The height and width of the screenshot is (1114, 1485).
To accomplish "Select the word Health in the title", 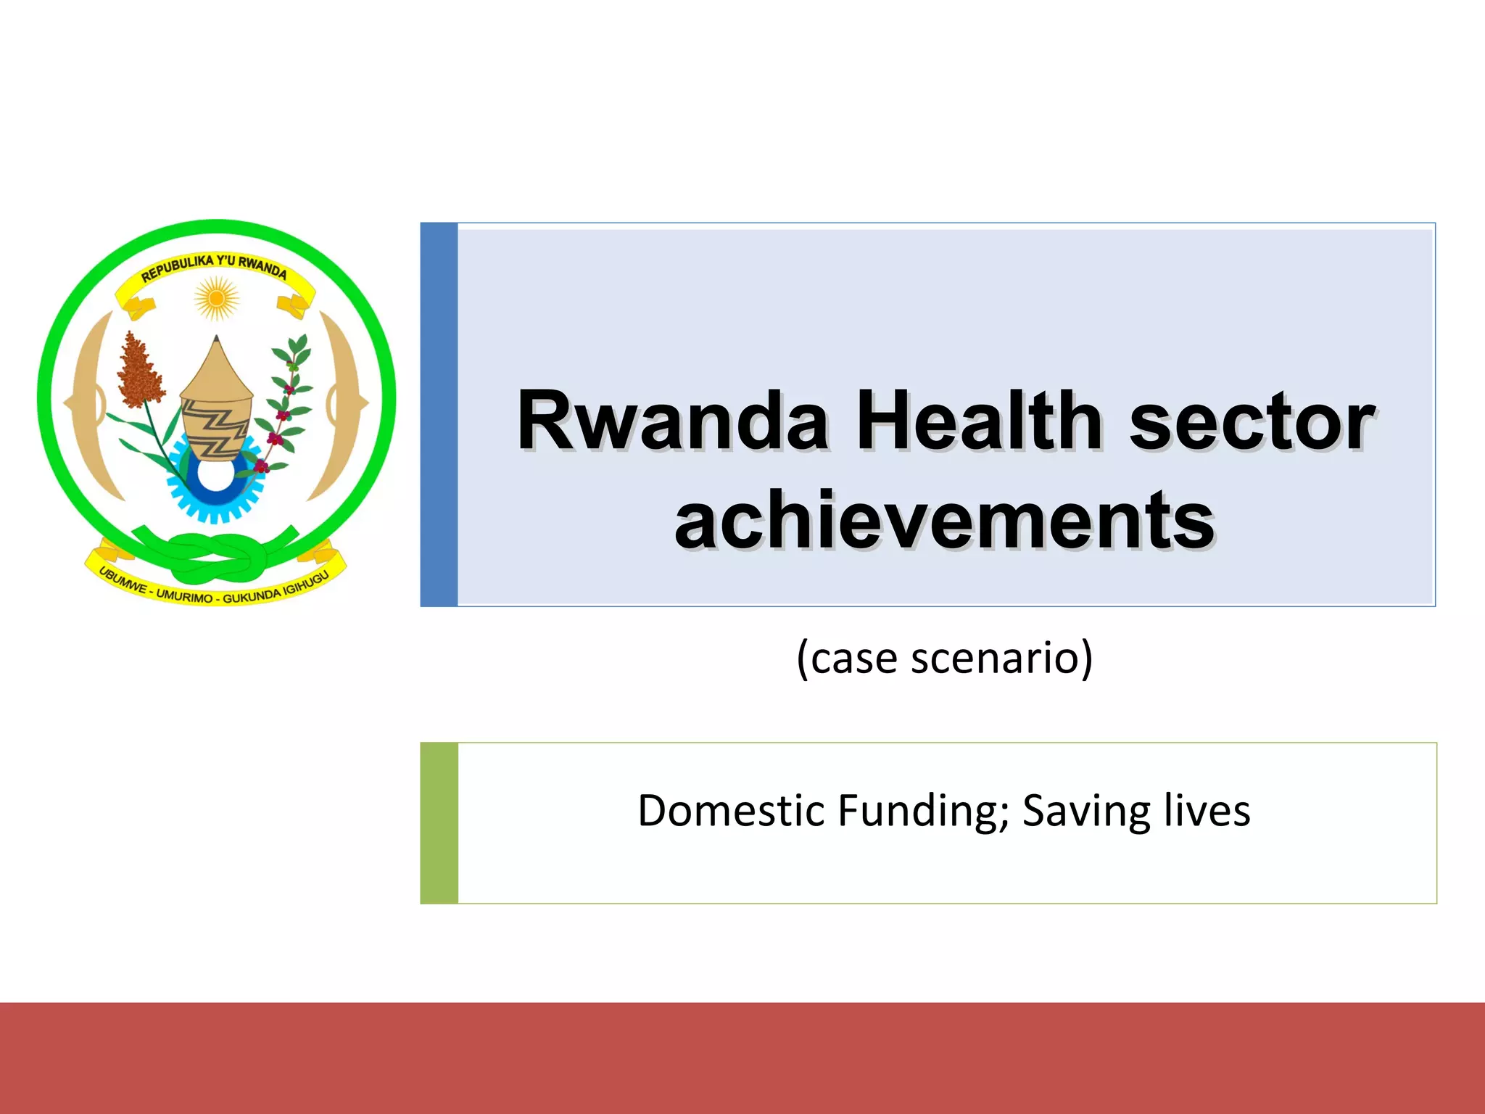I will click(x=979, y=421).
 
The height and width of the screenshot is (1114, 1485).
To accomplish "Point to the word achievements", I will click(x=944, y=520).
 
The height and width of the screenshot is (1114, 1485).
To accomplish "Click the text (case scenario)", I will click(x=944, y=658).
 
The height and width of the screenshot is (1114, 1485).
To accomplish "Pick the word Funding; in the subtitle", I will click(x=922, y=810).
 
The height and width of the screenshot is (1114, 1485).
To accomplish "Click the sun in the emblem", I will click(x=216, y=298).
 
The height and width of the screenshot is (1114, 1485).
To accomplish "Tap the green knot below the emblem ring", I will click(x=215, y=555).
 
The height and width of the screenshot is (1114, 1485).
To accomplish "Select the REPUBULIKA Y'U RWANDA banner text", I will click(x=215, y=267).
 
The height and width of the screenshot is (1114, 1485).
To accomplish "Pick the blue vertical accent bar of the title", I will click(x=439, y=414).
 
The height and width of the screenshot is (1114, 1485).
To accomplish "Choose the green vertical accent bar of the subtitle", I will click(x=439, y=822).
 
